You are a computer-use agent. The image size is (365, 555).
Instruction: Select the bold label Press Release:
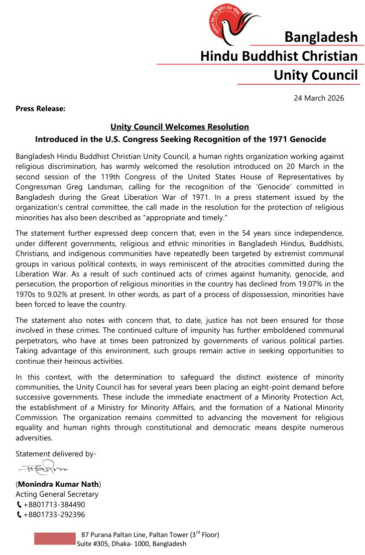[40, 108]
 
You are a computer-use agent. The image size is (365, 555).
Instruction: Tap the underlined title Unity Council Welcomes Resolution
[180, 127]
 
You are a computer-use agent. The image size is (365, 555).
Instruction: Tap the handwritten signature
[42, 468]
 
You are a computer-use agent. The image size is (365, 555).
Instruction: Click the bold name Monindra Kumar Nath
[58, 484]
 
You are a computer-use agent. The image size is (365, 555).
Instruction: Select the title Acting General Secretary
[57, 494]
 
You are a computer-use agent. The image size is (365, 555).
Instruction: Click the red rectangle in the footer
[54, 539]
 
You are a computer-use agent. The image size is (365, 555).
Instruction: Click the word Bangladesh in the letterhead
[321, 37]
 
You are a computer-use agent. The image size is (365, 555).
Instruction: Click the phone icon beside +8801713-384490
[19, 505]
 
